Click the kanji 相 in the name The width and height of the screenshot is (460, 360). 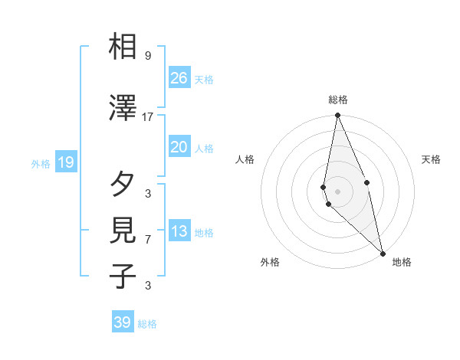pos(123,47)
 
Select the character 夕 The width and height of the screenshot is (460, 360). pos(123,184)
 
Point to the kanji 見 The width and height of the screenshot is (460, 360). pos(123,231)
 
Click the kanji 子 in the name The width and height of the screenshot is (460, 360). pos(123,275)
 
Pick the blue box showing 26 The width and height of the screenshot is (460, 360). pos(179,78)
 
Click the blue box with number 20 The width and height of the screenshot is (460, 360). pos(179,147)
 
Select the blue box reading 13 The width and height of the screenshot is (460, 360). pos(179,232)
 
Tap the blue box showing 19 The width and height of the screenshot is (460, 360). pos(65,162)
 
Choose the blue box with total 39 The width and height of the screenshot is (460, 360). pos(122,322)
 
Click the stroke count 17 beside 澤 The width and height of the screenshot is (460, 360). pos(148,116)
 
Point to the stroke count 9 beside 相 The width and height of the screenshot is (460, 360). pos(148,56)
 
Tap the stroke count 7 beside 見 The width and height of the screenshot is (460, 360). pos(148,240)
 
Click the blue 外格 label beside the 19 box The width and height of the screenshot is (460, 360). pos(40,163)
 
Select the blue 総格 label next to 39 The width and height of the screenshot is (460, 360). pos(147,324)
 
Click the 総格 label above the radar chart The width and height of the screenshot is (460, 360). pos(337,100)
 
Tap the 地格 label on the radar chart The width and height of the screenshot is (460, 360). pos(402,262)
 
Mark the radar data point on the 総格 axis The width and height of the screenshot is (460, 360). pos(337,116)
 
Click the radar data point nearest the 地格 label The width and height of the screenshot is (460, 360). pos(383,253)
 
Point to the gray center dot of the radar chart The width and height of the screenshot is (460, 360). pos(337,191)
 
